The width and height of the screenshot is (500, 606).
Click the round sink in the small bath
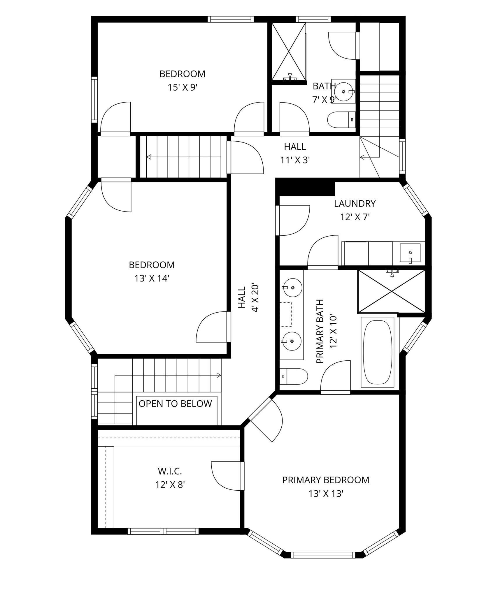pos(344,91)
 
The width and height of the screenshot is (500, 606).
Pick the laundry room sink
pos(410,253)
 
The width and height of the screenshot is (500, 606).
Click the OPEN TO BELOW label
pos(175,404)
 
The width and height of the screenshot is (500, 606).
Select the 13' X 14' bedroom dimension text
pos(152,279)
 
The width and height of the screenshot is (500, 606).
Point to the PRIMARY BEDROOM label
pos(325,480)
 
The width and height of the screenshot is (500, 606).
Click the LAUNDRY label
pos(355,203)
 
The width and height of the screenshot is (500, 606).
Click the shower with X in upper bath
pos(289,51)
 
